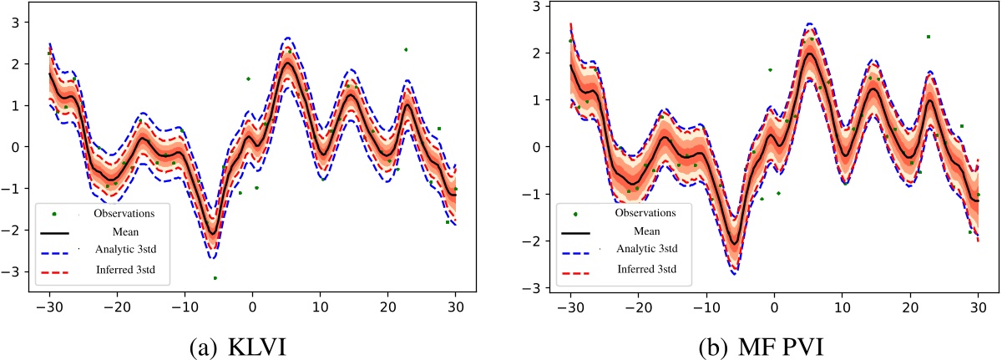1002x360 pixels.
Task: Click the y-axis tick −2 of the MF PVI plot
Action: (x=535, y=241)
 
